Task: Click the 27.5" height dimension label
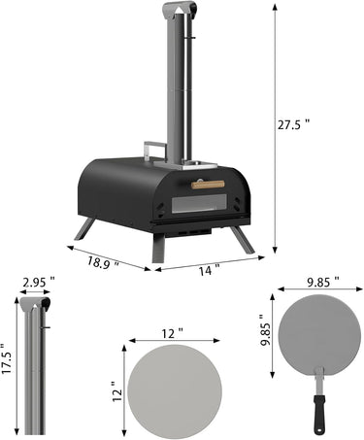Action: (293, 124)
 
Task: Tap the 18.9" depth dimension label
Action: (103, 262)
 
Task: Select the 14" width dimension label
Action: (209, 270)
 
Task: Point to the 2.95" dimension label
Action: (39, 283)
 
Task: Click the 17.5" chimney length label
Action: (7, 358)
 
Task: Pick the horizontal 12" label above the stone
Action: (172, 333)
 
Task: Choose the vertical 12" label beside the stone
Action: (116, 391)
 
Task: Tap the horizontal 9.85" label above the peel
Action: (323, 283)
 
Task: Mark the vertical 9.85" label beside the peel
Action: (266, 330)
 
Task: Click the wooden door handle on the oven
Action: (208, 185)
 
